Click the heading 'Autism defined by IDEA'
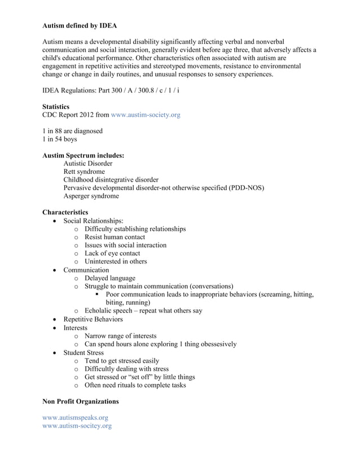coord(80,26)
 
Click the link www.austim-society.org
coord(146,115)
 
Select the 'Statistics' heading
coord(56,107)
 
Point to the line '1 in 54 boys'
coord(60,139)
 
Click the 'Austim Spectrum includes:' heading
coord(84,155)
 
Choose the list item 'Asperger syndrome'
coord(91,196)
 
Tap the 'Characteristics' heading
coord(65,212)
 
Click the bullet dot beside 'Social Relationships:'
coord(54,221)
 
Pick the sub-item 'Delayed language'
coord(109,278)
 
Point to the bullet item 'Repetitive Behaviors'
coord(93,319)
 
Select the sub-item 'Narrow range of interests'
coord(120,336)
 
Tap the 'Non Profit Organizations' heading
coord(81,401)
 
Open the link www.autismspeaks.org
coord(75,417)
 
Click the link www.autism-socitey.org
coord(77,426)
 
